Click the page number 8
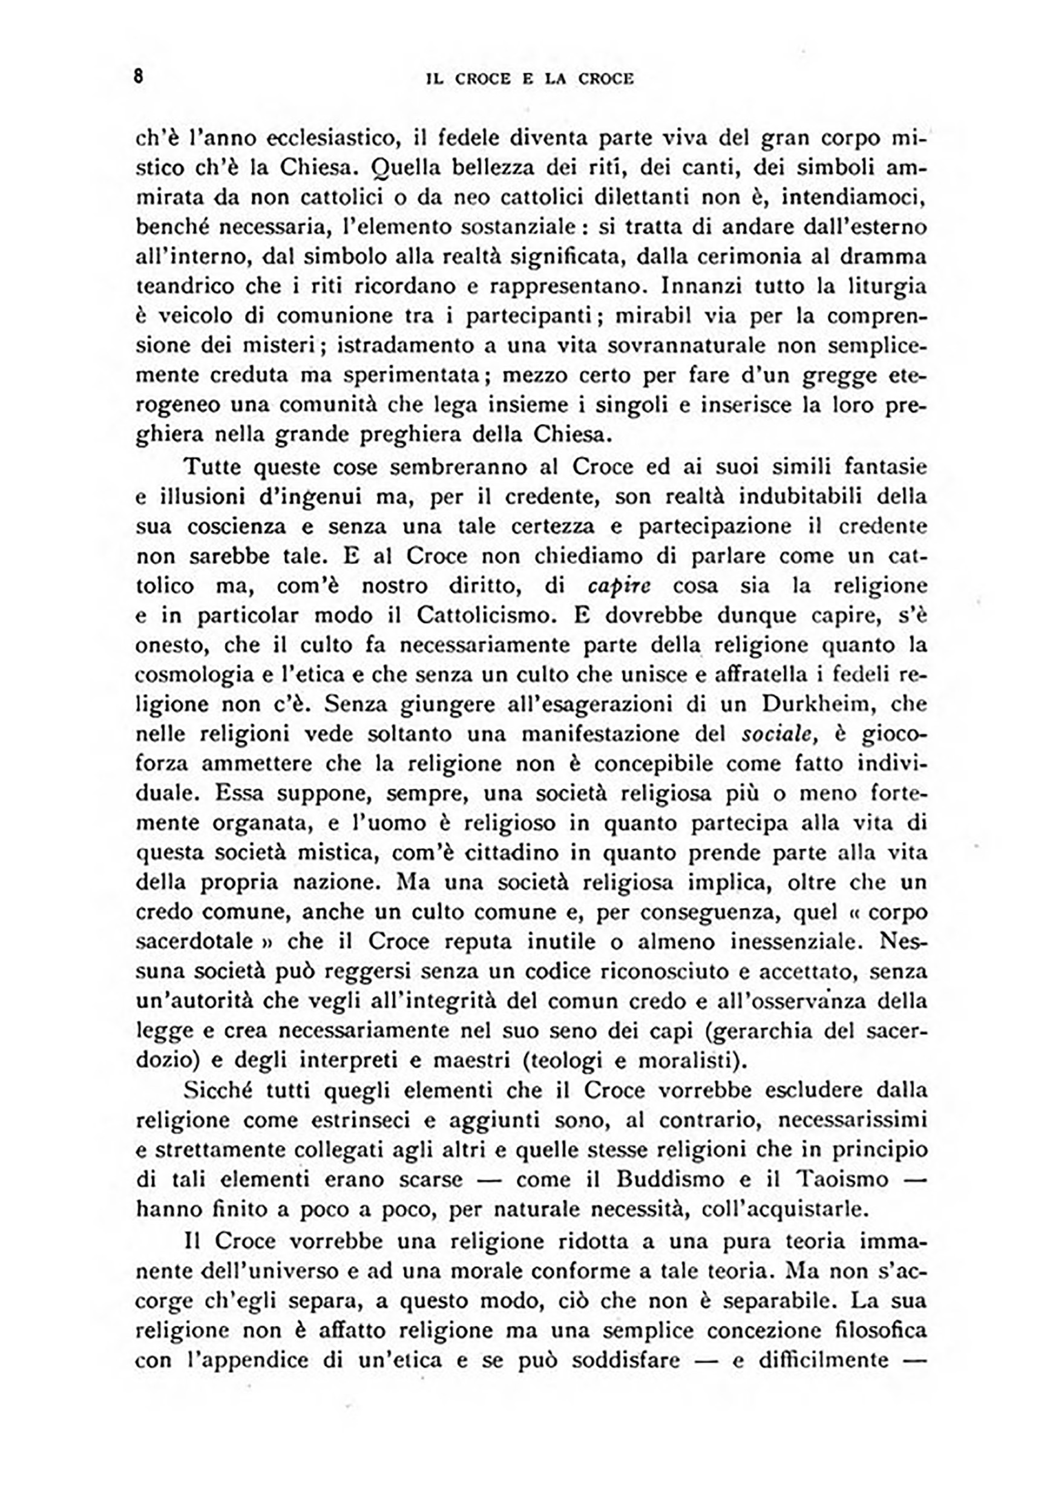point(138,77)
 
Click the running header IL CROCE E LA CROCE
point(529,79)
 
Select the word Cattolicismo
point(484,615)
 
